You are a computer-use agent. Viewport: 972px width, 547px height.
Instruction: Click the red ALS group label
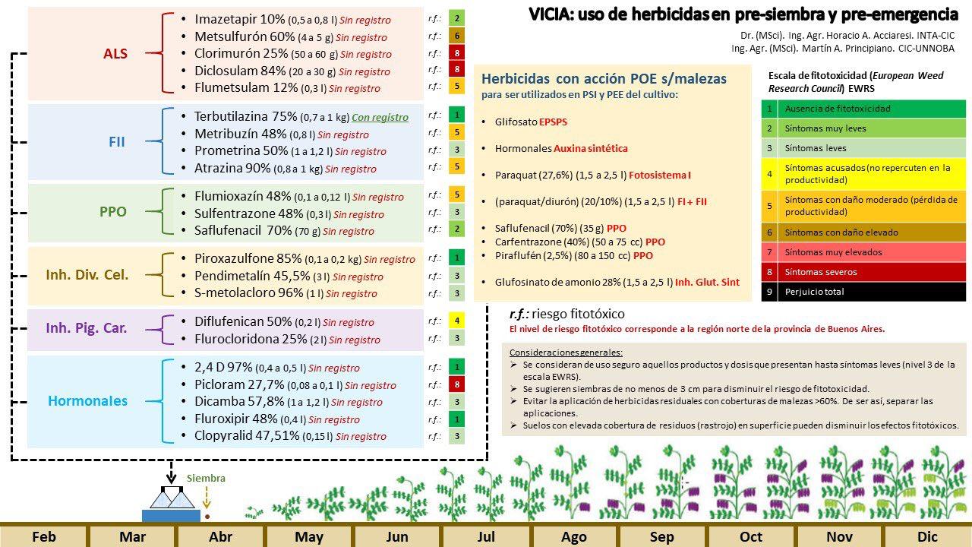(115, 53)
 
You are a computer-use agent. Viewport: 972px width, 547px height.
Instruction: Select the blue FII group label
(117, 141)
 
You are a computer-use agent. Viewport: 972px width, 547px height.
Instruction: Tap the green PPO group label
(113, 211)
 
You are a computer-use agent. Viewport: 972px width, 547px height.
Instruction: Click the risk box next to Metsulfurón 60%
(456, 36)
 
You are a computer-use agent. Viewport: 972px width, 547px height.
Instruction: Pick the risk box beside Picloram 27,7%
(456, 384)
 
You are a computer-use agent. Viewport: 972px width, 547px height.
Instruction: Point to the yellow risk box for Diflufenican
(456, 321)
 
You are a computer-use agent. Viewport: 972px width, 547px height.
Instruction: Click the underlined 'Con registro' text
(380, 117)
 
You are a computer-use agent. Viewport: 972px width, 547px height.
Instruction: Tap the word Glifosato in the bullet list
(516, 122)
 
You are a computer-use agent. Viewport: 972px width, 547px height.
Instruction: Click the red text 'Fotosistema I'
(660, 175)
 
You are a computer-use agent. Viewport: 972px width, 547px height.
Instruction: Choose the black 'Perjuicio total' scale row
(863, 291)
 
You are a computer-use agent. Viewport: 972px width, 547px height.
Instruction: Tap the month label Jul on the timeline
(486, 536)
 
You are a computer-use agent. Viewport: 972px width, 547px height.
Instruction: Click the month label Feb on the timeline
(44, 536)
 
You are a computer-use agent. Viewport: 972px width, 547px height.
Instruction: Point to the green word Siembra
(206, 478)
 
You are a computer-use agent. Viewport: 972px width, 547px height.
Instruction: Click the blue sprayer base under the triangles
(172, 516)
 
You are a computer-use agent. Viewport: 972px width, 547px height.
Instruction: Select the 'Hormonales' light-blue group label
(87, 400)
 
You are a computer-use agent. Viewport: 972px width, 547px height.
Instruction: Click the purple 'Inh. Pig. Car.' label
(87, 327)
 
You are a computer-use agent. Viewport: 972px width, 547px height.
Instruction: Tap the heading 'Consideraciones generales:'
(566, 352)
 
